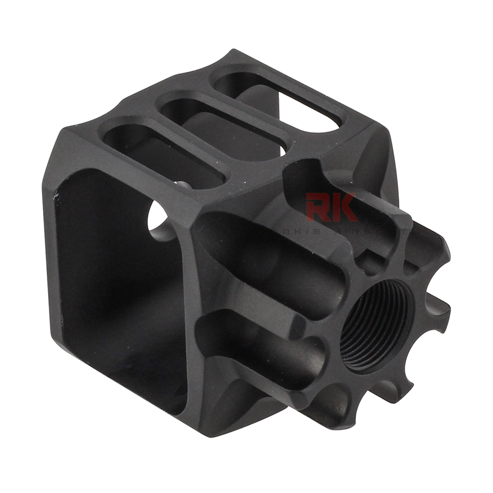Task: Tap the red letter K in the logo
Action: coord(345,207)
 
